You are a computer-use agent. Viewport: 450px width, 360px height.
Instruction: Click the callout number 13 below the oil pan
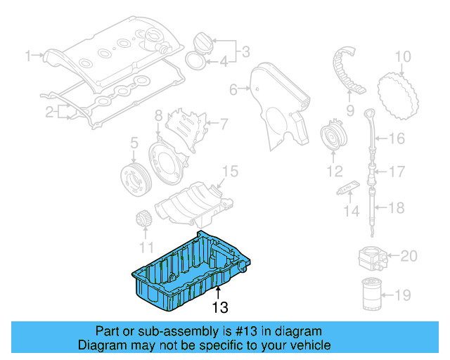(x=220, y=307)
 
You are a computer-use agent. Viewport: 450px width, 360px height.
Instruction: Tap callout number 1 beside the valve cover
(x=30, y=54)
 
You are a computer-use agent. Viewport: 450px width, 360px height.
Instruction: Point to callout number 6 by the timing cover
(x=233, y=89)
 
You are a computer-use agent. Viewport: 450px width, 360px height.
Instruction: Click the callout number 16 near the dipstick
(x=397, y=139)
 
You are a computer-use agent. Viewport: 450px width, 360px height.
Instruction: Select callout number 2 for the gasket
(x=51, y=111)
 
